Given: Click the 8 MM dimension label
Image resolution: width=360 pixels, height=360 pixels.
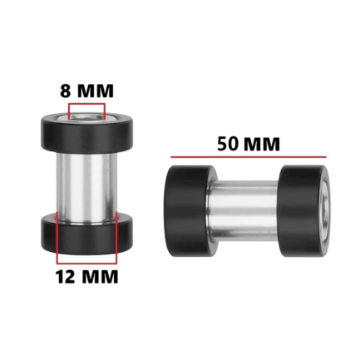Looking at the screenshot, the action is click(x=86, y=91).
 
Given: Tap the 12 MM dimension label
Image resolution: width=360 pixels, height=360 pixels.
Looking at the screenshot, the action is click(x=87, y=277).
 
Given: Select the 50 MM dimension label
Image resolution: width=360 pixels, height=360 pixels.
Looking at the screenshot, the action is click(x=249, y=144).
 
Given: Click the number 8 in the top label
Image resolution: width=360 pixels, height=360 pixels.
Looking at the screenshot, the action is click(x=65, y=91).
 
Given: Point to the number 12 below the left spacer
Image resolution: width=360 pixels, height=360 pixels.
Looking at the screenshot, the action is click(x=66, y=277).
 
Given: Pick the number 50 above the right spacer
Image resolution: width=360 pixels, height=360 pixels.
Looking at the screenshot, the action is click(x=228, y=144).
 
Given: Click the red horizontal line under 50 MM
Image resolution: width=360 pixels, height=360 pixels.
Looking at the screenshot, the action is click(x=249, y=157).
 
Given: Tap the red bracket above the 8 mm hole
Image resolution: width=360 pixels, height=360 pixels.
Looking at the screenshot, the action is click(x=87, y=104).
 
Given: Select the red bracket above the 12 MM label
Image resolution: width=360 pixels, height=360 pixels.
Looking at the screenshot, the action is click(x=86, y=263).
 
